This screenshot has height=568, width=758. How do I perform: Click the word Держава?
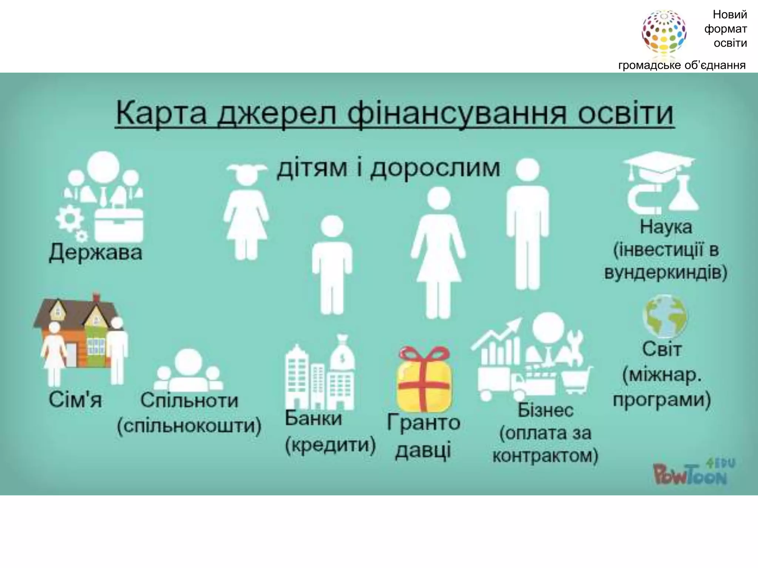point(95,253)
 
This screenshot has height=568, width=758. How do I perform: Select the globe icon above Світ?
point(665,317)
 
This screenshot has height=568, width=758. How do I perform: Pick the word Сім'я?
point(75,400)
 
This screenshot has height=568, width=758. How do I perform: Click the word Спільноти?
point(189,400)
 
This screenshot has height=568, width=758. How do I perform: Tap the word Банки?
point(313,419)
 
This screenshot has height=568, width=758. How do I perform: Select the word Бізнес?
point(545,410)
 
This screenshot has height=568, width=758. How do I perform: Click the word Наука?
point(666,227)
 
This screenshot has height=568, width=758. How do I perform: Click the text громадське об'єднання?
point(682,65)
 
